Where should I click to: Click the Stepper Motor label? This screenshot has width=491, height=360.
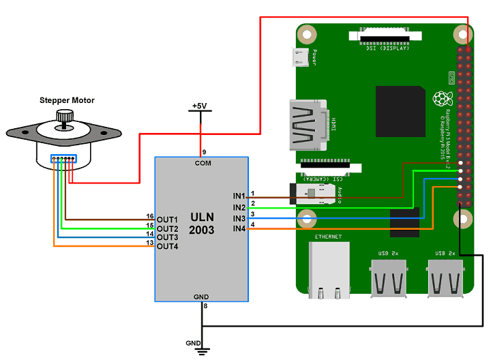[67, 100]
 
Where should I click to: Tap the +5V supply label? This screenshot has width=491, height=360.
[199, 106]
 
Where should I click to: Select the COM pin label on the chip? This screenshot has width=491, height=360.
[203, 164]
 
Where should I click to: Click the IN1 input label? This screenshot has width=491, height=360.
[239, 196]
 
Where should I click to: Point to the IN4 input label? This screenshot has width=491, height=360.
[239, 228]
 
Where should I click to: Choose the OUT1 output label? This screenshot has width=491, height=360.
[167, 220]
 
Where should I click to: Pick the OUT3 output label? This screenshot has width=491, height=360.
[167, 237]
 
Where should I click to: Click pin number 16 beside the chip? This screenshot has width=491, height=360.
[150, 216]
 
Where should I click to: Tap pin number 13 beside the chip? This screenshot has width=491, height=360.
[150, 243]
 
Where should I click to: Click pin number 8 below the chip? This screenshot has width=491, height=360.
[205, 306]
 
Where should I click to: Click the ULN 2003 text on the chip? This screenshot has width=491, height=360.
[202, 224]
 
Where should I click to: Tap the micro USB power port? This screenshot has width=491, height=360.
[299, 59]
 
